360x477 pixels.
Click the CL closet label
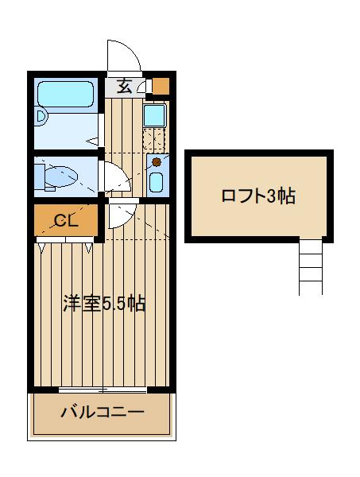tap(65, 220)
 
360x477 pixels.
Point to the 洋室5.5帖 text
tap(104, 303)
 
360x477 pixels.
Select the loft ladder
tap(311, 267)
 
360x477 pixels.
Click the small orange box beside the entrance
tap(161, 86)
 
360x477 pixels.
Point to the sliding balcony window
tap(103, 390)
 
